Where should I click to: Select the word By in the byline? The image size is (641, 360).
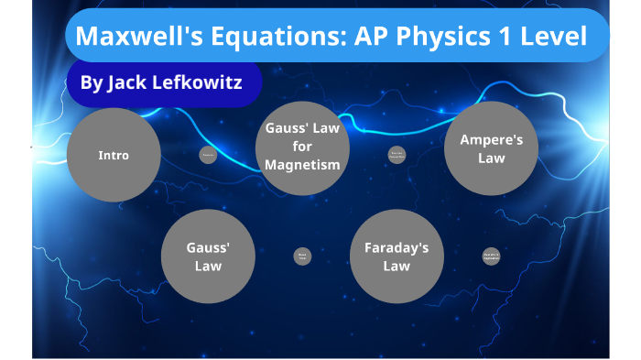point(91,83)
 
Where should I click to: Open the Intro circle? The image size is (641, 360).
point(114,155)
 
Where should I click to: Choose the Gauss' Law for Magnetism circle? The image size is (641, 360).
point(302,147)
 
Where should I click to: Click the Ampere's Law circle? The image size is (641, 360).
point(491,148)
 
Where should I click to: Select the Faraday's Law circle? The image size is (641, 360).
point(397,256)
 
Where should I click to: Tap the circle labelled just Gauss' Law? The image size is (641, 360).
point(208,256)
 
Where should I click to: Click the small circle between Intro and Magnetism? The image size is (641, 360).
point(208,155)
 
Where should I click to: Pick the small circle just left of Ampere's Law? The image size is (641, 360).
point(397,155)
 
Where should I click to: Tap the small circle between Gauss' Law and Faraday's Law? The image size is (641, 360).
point(302,256)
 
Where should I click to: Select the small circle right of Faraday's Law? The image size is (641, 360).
point(492,257)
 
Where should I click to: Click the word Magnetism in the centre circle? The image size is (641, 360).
point(302,165)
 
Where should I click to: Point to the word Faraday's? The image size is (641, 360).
point(397,248)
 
